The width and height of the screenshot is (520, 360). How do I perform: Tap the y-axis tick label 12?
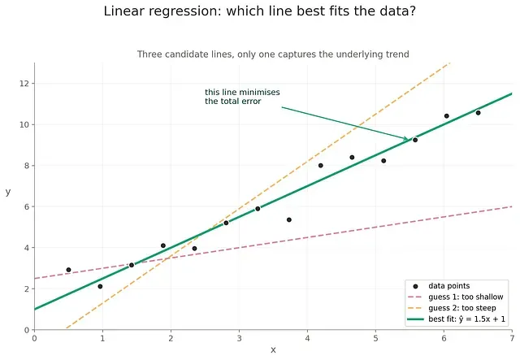pyautogui.click(x=24, y=83)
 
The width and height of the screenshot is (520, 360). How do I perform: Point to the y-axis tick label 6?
pyautogui.click(x=27, y=206)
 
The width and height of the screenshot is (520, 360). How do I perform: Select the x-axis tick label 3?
pyautogui.click(x=239, y=338)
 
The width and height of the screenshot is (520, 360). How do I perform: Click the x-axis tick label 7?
pyautogui.click(x=513, y=338)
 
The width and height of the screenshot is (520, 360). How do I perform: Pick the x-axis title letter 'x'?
pyautogui.click(x=273, y=350)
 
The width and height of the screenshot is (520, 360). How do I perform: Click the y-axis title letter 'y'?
pyautogui.click(x=8, y=192)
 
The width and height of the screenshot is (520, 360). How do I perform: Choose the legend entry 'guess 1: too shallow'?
pyautogui.click(x=466, y=297)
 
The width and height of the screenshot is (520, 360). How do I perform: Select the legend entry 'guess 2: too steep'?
pyautogui.click(x=462, y=308)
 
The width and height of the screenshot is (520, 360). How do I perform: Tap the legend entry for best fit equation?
pyautogui.click(x=466, y=319)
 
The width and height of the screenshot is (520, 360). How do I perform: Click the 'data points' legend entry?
pyautogui.click(x=449, y=286)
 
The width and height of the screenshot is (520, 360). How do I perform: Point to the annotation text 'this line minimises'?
pyautogui.click(x=242, y=93)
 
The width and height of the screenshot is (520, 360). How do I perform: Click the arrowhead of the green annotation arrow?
pyautogui.click(x=406, y=138)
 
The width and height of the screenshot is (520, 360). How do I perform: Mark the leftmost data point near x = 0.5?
pyautogui.click(x=68, y=270)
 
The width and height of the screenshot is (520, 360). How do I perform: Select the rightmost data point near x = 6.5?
pyautogui.click(x=479, y=113)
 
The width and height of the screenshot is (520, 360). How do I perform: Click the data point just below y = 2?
pyautogui.click(x=100, y=286)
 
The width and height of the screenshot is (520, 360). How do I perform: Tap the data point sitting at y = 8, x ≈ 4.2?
pyautogui.click(x=321, y=166)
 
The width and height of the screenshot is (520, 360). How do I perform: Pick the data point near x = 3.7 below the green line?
pyautogui.click(x=289, y=219)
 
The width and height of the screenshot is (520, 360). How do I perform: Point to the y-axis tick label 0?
pyautogui.click(x=27, y=330)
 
